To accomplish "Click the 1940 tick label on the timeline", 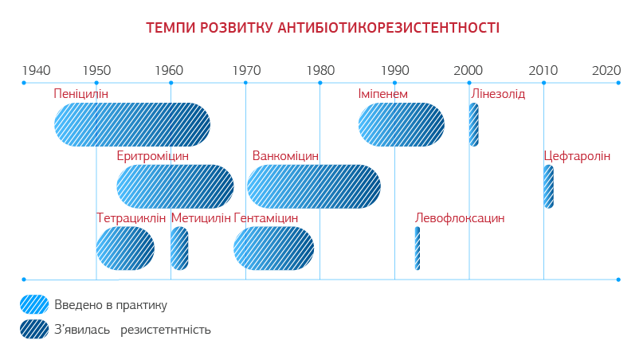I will click(36, 69).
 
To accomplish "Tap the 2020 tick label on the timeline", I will click(606, 69).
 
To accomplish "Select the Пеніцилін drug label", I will click(81, 94).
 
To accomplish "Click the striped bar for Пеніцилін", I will click(132, 124).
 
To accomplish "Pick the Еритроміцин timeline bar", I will click(175, 186).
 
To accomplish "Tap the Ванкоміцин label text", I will click(285, 156).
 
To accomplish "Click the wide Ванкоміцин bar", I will click(313, 186).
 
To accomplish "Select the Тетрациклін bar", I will click(125, 248).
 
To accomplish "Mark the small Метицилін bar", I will click(179, 248).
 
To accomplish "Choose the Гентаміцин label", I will click(266, 218).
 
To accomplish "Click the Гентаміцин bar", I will click(273, 248).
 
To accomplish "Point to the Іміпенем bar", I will click(401, 124).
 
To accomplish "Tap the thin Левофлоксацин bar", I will click(417, 248).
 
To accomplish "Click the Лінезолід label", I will click(498, 94).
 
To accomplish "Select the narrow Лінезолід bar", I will click(473, 124).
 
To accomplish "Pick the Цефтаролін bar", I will click(548, 186).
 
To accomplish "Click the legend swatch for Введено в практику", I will click(34, 304).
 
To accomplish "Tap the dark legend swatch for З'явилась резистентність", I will click(34, 328).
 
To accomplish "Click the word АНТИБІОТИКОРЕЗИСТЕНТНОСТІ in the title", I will click(389, 29).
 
